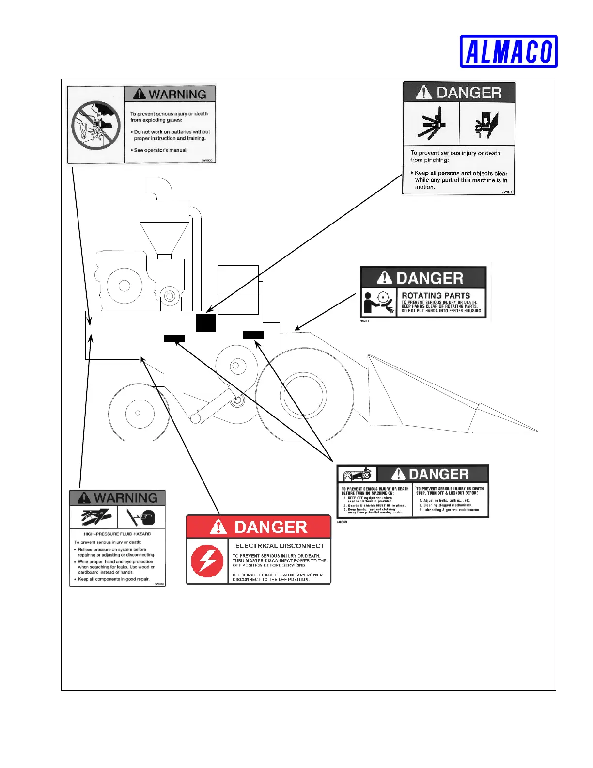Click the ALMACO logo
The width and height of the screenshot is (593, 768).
click(x=508, y=51)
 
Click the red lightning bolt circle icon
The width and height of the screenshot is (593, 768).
click(x=207, y=561)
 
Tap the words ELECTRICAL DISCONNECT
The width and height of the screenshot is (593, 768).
click(x=280, y=546)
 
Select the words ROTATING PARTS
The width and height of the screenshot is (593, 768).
click(x=436, y=295)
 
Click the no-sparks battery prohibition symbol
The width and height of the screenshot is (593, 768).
click(x=96, y=125)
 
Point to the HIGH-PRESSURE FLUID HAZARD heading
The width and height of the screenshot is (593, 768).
click(x=117, y=534)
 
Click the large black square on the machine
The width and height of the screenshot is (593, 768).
click(x=205, y=322)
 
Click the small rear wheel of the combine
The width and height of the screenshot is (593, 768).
click(x=138, y=413)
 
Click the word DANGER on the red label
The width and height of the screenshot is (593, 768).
click(x=271, y=527)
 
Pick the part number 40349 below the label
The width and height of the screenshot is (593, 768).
click(x=342, y=522)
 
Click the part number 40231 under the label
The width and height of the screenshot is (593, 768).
click(x=364, y=321)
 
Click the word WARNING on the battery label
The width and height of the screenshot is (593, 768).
click(x=177, y=94)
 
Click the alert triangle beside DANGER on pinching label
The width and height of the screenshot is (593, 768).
click(x=423, y=92)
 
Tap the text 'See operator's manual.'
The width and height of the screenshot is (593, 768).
click(x=160, y=150)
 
